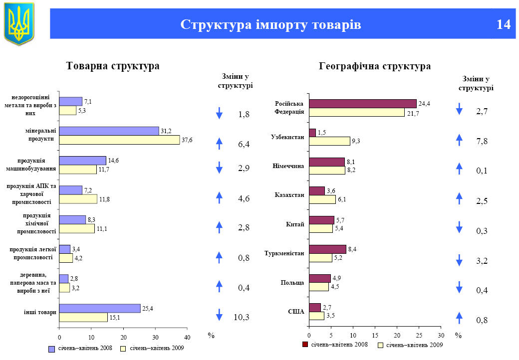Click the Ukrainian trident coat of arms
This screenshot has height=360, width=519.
[19, 23]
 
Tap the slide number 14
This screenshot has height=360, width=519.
[504, 24]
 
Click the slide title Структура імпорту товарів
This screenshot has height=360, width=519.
[270, 24]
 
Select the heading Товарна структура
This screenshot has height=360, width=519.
[113, 66]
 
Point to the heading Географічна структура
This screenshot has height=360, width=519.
[375, 66]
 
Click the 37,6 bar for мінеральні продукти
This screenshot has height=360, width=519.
[119, 140]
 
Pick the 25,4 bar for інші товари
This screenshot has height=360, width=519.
[100, 309]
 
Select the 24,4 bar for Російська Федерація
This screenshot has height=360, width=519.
[362, 104]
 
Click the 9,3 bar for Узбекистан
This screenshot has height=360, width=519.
[329, 141]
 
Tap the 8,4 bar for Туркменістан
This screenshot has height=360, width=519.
[327, 249]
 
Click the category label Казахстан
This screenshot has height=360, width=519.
[289, 194]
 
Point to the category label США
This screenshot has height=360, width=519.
[296, 311]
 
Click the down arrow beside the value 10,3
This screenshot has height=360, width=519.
[219, 315]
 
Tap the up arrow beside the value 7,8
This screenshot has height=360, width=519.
[459, 140]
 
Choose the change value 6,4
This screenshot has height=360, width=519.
[244, 144]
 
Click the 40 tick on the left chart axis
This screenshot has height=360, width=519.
[187, 330]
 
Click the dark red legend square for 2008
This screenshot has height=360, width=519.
[305, 345]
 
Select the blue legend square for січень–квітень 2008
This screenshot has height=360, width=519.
[51, 349]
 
